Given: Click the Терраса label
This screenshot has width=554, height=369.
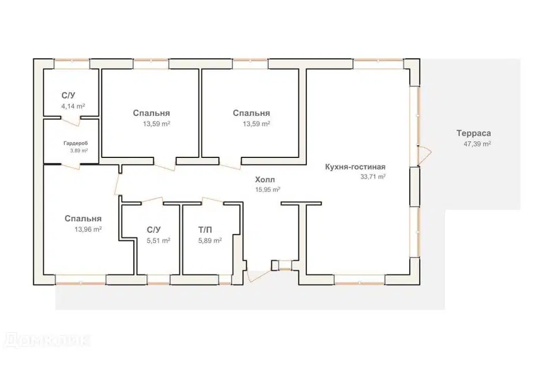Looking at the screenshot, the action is pos(473,134).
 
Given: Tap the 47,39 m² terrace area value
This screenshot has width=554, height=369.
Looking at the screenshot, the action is pos(477,144).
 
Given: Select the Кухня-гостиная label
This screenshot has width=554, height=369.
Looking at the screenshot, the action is pos(355,167).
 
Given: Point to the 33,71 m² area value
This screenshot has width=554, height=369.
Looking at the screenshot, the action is pos(373,176).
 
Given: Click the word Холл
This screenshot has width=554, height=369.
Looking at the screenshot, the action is pos(265,180).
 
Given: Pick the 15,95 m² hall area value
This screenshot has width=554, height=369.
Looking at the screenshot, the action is pos(268,189).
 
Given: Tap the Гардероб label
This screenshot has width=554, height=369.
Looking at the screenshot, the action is pos(76,144).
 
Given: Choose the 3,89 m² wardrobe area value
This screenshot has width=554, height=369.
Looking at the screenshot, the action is pos(79,150).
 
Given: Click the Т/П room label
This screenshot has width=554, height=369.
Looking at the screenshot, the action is pos(205,230).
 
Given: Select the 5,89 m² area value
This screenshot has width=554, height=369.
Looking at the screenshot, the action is pos(210,240).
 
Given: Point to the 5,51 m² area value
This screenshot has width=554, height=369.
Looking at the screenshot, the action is pos(158,240).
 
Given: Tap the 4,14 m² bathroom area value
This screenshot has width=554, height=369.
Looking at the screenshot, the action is pos(73,106).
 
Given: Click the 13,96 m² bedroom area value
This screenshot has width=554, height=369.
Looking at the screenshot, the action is pos(88,229).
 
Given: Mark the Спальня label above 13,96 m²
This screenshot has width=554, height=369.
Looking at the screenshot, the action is pos(83,219).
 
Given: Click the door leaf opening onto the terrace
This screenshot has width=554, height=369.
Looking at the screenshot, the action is pos(425,155).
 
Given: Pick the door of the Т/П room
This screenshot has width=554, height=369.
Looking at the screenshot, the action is pos(213,200).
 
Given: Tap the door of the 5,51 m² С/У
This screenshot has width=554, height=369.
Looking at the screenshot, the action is pos(152,200).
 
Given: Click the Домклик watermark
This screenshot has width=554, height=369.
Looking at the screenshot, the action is pos(46,341).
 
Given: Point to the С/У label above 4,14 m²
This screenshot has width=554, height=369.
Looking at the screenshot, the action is pos(68,96).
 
